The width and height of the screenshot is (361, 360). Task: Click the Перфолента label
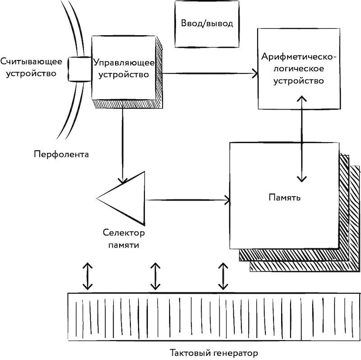pos(61,154)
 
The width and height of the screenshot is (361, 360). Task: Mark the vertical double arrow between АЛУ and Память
pos(302,138)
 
